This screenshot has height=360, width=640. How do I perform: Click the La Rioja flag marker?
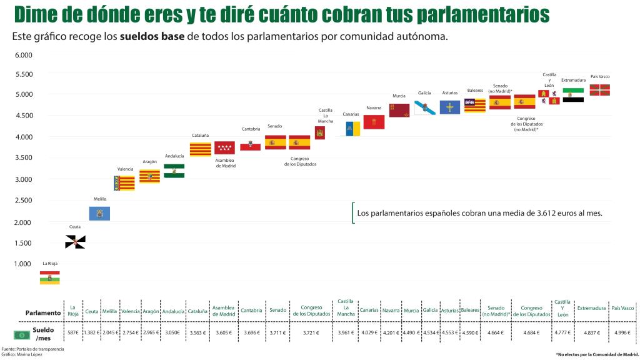(50, 277)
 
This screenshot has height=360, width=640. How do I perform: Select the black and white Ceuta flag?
(75, 242)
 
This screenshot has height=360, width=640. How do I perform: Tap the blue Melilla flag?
(100, 213)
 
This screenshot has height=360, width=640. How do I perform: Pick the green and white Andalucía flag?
(174, 171)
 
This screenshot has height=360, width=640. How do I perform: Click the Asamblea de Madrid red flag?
(224, 147)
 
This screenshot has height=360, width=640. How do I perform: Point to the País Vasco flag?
(599, 90)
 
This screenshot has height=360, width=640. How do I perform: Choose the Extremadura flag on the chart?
(573, 95)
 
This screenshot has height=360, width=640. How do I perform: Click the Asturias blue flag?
(449, 107)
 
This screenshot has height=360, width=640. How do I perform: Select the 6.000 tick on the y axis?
(22, 55)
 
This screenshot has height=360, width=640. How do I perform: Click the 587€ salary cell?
(73, 333)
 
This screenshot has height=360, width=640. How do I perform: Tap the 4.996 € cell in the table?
(622, 333)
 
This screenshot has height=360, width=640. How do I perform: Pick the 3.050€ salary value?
(173, 333)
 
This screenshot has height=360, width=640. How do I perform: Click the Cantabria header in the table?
(251, 311)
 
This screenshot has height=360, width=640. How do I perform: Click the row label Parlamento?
(43, 312)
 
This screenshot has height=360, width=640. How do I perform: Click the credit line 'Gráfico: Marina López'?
(22, 354)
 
